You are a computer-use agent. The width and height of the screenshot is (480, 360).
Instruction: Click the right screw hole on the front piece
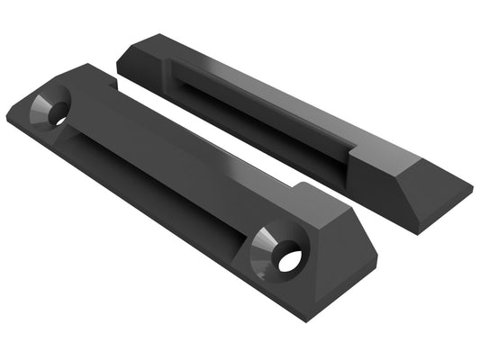point(289,261)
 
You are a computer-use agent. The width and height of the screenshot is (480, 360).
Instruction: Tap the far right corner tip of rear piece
point(471,192)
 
